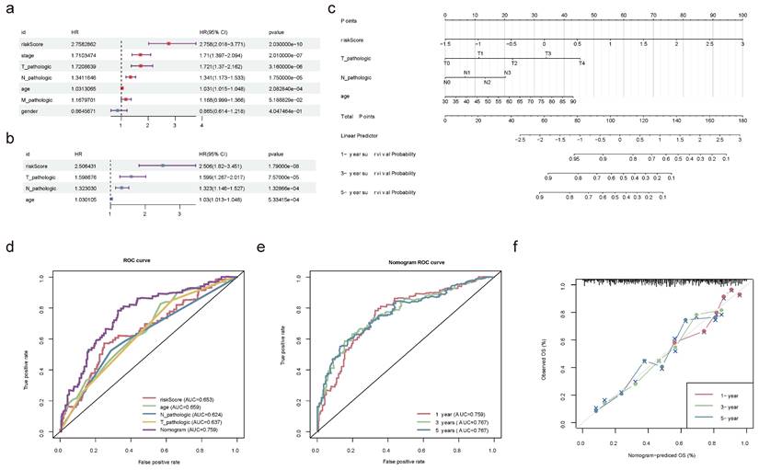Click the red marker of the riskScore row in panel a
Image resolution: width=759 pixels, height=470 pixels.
click(168, 43)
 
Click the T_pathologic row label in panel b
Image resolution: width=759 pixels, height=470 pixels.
click(38, 176)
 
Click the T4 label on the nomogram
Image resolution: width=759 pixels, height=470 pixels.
click(581, 63)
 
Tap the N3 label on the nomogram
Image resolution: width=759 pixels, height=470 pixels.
click(507, 72)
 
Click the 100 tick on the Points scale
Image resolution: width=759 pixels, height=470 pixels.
click(742, 16)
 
